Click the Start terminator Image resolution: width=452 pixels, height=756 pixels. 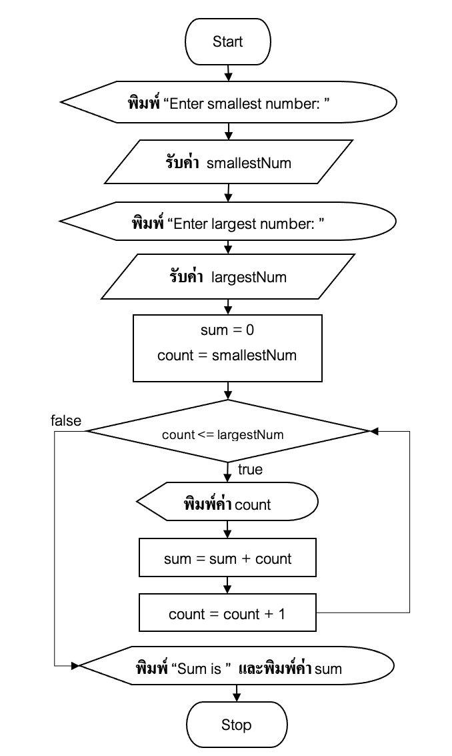(227, 41)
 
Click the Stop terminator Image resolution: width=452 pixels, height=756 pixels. (236, 725)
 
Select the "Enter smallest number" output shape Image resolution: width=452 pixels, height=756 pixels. (229, 104)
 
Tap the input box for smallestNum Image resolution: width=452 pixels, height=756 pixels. (228, 162)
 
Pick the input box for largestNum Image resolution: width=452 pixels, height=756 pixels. (228, 276)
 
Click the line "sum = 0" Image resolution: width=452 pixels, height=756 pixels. (227, 330)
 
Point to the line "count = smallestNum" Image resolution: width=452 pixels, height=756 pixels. (227, 355)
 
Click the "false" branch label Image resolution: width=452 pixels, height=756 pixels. (66, 420)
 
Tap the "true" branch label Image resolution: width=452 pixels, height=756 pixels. (250, 470)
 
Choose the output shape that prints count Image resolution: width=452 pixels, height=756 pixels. (227, 504)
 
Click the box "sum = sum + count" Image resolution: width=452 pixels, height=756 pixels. (227, 558)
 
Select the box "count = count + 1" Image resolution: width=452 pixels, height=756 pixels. (227, 614)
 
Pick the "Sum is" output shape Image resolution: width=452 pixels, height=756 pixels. (237, 668)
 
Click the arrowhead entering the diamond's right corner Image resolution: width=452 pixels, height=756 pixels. (374, 432)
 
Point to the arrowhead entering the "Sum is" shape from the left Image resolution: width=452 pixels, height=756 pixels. (75, 666)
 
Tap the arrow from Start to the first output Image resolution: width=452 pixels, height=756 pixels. (229, 71)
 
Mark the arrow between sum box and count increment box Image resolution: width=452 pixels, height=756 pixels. (227, 586)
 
